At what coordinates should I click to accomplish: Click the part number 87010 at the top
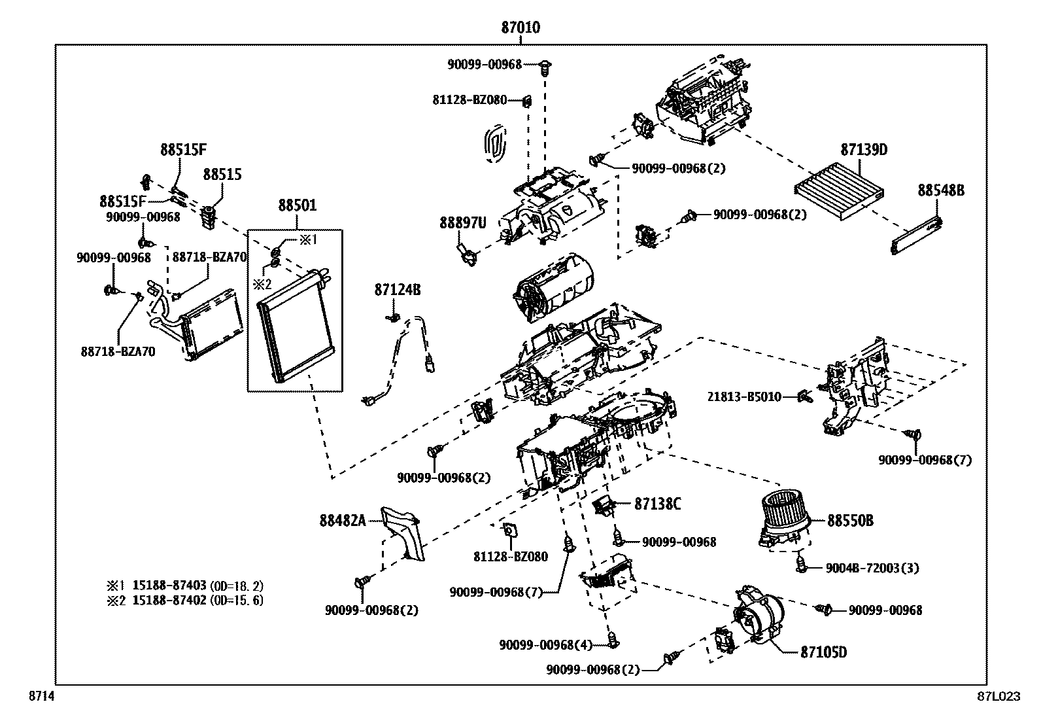tap(520, 28)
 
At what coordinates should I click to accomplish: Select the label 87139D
tap(864, 150)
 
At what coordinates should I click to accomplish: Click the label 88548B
tap(941, 190)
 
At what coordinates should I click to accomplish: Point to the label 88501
tap(297, 205)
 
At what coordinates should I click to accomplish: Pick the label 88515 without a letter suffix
tap(222, 175)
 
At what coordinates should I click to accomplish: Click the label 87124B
tap(398, 289)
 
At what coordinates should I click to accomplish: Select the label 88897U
tap(463, 223)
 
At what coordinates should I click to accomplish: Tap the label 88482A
tap(342, 521)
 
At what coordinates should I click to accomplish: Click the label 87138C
tap(658, 504)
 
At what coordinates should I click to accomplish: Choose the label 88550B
tap(850, 521)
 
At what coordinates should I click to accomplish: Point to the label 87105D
tap(823, 652)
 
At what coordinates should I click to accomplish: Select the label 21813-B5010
tap(744, 397)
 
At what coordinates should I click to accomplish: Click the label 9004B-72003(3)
tap(872, 568)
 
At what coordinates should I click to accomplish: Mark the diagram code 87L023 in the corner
tap(998, 697)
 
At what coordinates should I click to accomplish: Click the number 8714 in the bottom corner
tap(41, 697)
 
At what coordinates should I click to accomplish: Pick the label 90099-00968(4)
tap(545, 645)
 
